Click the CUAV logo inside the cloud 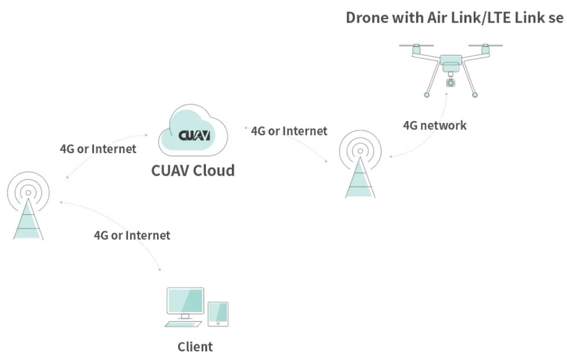[194, 135]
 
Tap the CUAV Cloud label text [192, 170]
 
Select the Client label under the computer [195, 347]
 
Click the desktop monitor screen [185, 301]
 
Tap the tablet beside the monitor [218, 313]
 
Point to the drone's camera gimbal [450, 82]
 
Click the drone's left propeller [416, 45]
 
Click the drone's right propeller [485, 45]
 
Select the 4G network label [434, 125]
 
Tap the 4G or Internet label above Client [132, 235]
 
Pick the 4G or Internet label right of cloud [289, 131]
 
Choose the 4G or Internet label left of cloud [98, 149]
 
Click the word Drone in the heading [366, 17]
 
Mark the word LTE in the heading [496, 17]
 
